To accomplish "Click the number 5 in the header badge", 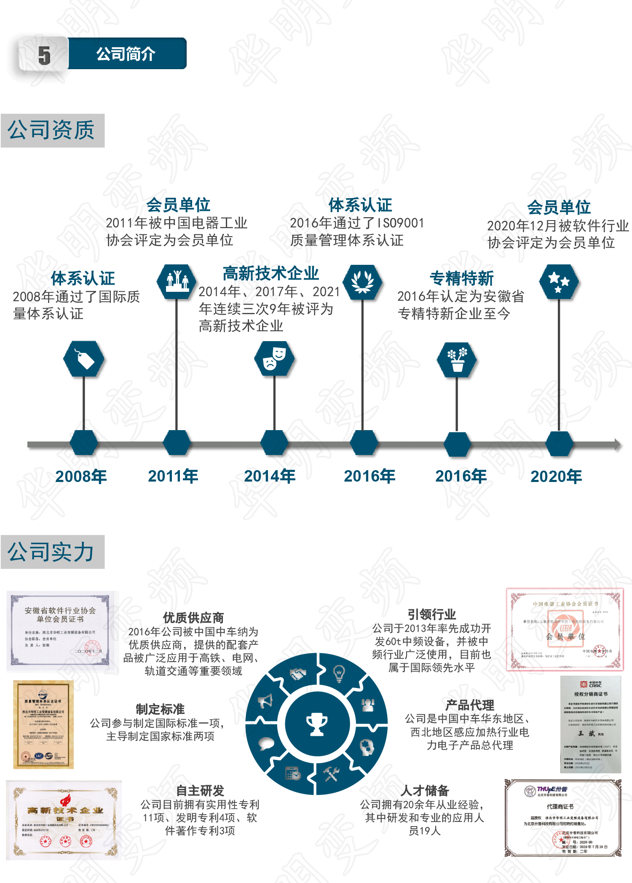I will tap(44, 55).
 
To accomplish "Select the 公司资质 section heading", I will tap(51, 130).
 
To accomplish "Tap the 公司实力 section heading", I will tap(51, 552).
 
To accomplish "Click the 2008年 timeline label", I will tap(81, 476).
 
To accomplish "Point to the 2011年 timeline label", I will tap(173, 476).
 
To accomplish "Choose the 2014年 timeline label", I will tap(270, 476).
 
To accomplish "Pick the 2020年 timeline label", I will tap(556, 476).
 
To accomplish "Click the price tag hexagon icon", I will tap(84, 359).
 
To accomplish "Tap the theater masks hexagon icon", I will tap(274, 359).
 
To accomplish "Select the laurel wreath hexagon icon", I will tap(362, 282).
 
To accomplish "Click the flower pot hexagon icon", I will tap(457, 360).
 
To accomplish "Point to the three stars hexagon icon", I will tap(559, 282).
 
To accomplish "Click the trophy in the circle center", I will tap(317, 724).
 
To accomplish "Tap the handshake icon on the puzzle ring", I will tap(297, 673).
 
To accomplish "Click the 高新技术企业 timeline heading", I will tap(271, 274).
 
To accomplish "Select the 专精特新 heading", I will tap(462, 278).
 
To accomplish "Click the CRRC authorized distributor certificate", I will tap(591, 724).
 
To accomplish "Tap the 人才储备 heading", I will tap(425, 790).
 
